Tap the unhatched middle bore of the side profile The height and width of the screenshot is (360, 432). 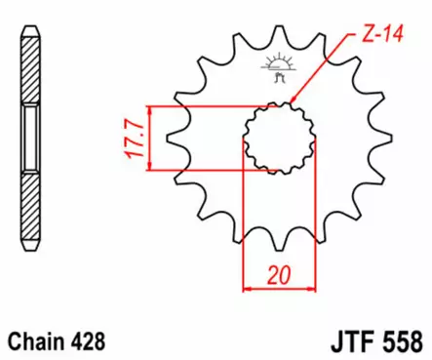tap(31, 140)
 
